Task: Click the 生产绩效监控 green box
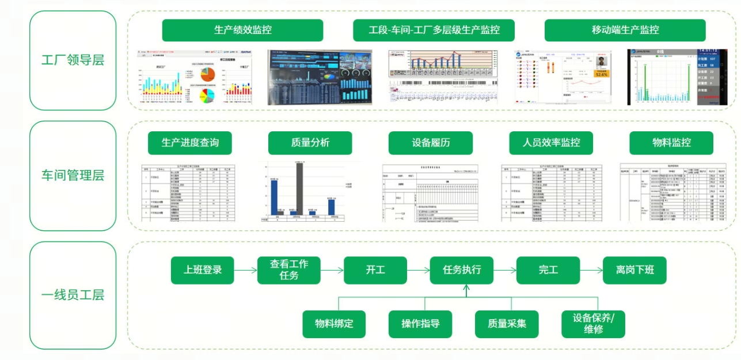pos(242,30)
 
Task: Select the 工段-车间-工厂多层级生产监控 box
pos(434,30)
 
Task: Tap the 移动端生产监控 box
pos(625,30)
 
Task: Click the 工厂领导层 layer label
pos(73,60)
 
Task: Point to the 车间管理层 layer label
pos(73,176)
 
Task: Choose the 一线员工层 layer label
pos(73,295)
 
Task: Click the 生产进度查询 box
pos(190,143)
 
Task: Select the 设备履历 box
pos(431,143)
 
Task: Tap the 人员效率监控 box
pos(551,143)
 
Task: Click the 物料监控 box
pos(671,143)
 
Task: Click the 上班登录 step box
pos(203,270)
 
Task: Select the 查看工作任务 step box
pos(289,270)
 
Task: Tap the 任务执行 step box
pos(462,270)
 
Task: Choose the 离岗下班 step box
pos(634,270)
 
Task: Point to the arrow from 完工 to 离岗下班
pos(591,270)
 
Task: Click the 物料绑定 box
pos(334,324)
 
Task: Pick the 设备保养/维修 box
pos(594,324)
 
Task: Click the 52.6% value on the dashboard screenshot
pos(602,74)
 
